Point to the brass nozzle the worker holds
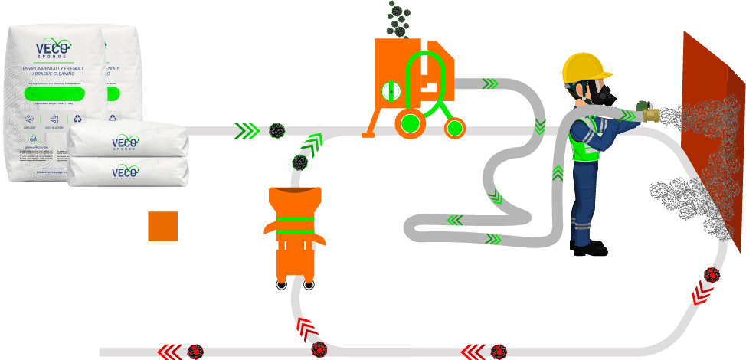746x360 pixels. [x=649, y=115]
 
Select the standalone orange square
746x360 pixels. [x=162, y=226]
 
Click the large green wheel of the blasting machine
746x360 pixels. [x=411, y=123]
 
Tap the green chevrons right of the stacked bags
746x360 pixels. [x=247, y=131]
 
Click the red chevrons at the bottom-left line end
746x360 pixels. [x=169, y=352]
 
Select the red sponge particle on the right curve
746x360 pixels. [x=712, y=275]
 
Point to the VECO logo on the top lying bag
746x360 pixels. [x=125, y=142]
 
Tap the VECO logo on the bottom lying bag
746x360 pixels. [x=125, y=172]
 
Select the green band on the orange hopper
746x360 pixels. [x=295, y=221]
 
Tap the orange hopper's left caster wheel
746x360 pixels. [x=281, y=286]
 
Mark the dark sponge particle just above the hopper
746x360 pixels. [x=299, y=162]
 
